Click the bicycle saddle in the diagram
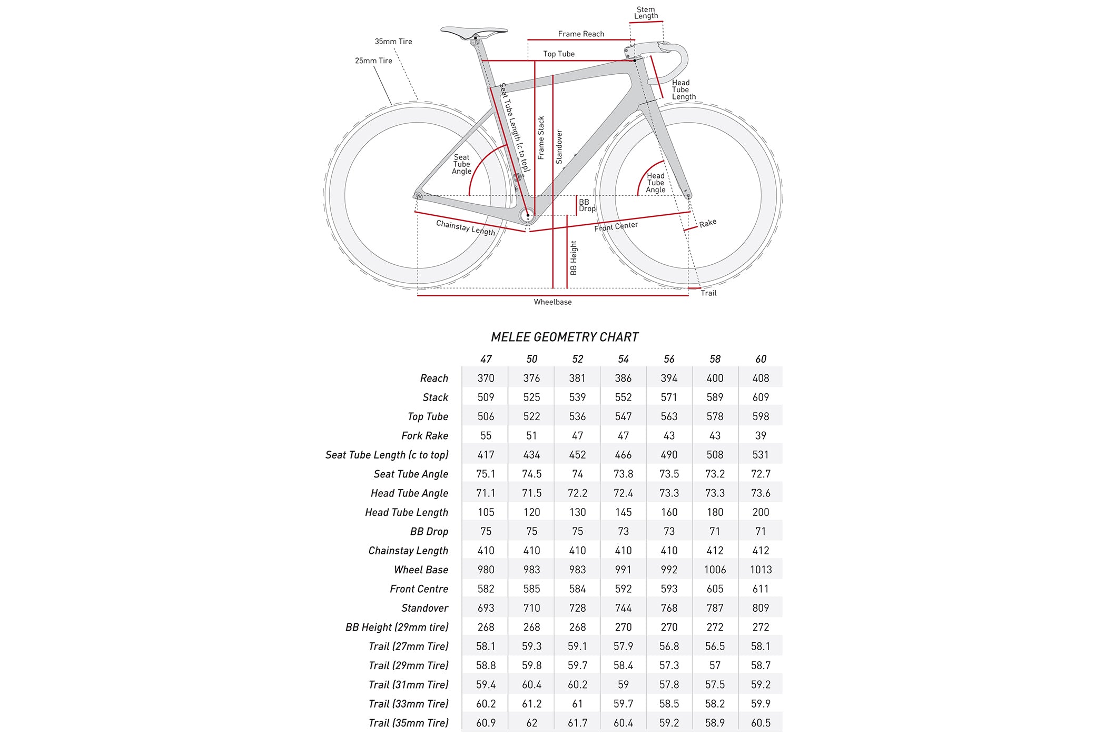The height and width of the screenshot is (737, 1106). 473,32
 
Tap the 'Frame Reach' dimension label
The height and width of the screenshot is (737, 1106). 581,34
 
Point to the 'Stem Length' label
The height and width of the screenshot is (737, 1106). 646,13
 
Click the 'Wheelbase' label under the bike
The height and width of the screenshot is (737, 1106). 552,302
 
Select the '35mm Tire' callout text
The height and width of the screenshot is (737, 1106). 393,42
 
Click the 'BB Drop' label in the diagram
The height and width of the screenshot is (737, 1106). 587,205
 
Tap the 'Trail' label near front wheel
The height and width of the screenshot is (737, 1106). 708,293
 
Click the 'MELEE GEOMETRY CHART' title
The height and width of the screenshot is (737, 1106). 565,337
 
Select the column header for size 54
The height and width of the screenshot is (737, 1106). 623,359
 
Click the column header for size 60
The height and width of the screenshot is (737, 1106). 761,359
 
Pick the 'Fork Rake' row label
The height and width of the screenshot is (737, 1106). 424,436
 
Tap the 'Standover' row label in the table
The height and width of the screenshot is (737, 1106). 424,608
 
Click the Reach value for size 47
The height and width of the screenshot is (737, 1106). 486,378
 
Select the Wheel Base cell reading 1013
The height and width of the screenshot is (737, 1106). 761,570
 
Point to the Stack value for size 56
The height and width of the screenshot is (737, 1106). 669,397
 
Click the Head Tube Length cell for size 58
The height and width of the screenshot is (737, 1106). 715,512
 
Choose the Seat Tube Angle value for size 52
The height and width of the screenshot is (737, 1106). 577,474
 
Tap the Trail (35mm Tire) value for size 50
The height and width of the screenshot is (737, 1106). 531,723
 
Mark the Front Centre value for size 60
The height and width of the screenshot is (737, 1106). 761,589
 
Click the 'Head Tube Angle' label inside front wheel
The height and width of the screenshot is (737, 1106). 656,183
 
